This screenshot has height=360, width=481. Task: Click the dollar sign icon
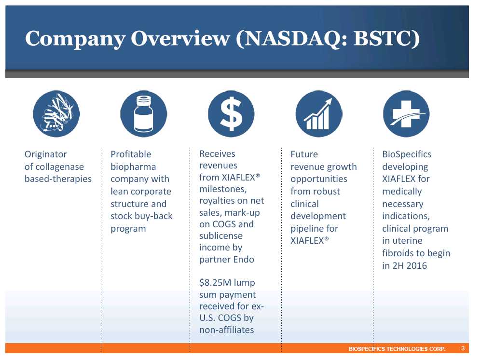point(231,114)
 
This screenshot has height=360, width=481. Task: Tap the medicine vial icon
point(144,114)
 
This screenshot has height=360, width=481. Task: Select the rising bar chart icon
point(319,114)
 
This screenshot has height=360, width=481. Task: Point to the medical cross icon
point(406,114)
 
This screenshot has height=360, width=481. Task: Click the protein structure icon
point(56,114)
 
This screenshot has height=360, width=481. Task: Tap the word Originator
point(46,154)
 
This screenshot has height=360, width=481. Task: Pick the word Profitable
point(131,154)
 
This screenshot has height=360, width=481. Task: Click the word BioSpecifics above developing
point(406,154)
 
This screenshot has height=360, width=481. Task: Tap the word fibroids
point(398,253)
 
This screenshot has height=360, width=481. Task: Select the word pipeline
point(307,228)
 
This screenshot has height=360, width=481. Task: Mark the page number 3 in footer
point(463,348)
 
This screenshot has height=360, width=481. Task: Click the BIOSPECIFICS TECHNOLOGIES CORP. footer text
point(397,348)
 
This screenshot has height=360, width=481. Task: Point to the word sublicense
point(221,235)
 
